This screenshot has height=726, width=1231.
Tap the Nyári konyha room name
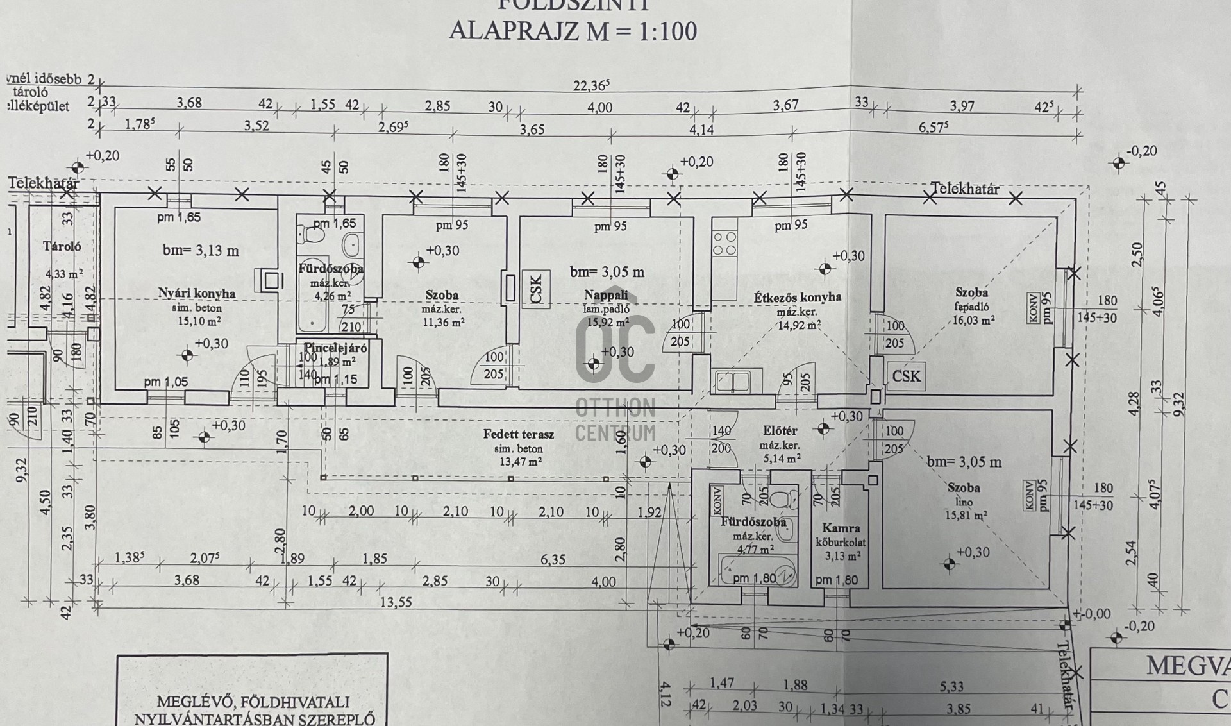click(x=197, y=294)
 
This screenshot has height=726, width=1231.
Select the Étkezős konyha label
click(x=797, y=297)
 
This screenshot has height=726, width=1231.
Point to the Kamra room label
click(x=841, y=528)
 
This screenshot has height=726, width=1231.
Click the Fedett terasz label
click(x=519, y=434)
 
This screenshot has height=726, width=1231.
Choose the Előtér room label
click(x=780, y=431)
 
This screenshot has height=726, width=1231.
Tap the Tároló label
click(x=62, y=246)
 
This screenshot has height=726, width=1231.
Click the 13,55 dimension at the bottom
click(x=396, y=602)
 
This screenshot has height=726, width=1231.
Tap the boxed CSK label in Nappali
click(x=536, y=289)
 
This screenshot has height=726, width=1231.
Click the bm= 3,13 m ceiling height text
click(x=201, y=251)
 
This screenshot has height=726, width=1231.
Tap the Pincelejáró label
click(x=335, y=348)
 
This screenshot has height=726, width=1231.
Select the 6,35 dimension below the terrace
click(x=553, y=559)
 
